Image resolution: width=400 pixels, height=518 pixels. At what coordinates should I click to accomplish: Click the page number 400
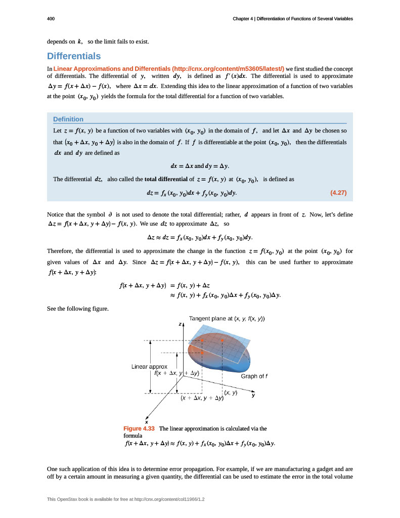(51, 19)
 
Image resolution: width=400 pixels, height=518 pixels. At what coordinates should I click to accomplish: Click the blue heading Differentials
(74, 56)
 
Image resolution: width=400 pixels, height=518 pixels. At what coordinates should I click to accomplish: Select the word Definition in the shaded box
(68, 119)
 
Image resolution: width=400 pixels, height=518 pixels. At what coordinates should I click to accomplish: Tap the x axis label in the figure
(147, 421)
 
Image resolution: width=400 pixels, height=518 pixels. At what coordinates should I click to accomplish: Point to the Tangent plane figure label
(227, 318)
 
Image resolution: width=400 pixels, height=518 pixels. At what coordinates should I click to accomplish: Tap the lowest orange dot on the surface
(202, 352)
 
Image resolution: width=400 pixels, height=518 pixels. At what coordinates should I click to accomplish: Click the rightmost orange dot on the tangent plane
(223, 340)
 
